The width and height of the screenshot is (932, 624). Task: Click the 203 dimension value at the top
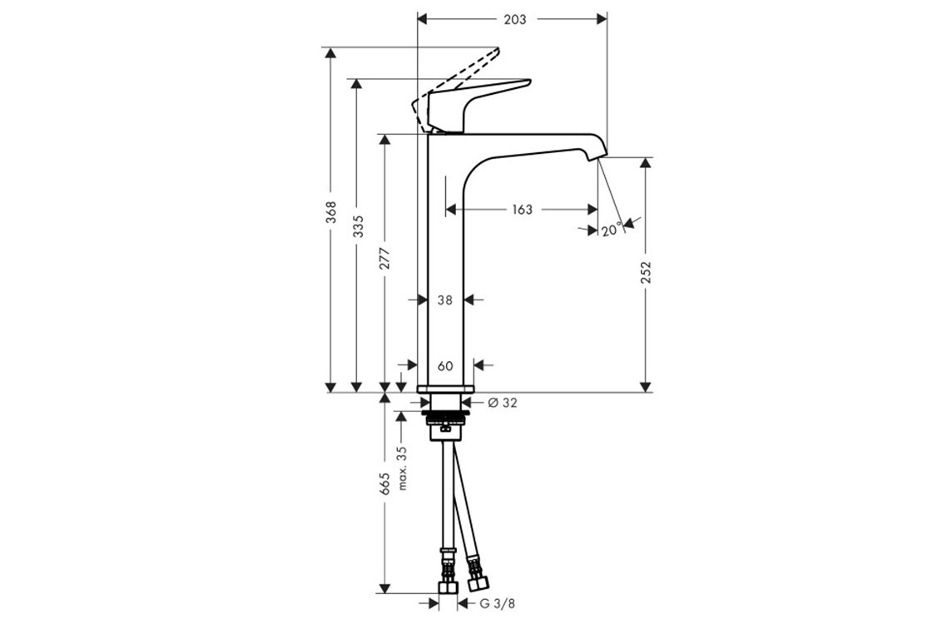[x=515, y=20]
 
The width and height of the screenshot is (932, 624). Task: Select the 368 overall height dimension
[x=331, y=212]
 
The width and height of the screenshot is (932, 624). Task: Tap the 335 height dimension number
[x=358, y=226]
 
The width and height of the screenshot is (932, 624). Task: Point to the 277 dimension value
[x=385, y=258]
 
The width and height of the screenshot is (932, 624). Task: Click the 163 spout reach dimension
[x=522, y=209]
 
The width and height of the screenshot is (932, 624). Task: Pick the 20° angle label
[x=611, y=230]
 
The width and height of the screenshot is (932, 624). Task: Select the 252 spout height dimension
[x=647, y=272]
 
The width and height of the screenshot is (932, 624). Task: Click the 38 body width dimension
[x=445, y=300]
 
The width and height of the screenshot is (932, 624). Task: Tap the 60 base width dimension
[x=445, y=365]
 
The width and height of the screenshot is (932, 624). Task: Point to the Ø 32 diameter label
[x=503, y=403]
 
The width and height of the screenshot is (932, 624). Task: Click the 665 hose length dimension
[x=385, y=483]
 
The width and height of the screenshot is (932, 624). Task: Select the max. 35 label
[x=403, y=468]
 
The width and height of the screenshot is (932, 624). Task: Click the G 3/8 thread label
[x=498, y=604]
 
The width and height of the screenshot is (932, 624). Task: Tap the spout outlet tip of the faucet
[x=596, y=157]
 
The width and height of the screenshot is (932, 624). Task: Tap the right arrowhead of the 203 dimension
[x=602, y=19]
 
